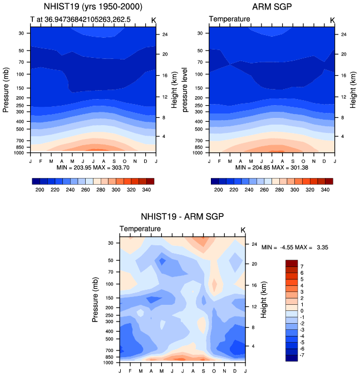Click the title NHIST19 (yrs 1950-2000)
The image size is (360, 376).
93,7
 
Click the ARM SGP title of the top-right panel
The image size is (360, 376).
272,7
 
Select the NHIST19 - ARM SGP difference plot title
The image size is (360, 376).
183,216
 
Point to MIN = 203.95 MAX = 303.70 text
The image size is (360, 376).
93,167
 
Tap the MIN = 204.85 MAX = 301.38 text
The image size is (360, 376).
272,167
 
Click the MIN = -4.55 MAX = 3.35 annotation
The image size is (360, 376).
295,247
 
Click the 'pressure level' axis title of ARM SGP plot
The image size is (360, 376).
184,90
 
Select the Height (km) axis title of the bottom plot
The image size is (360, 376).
263,300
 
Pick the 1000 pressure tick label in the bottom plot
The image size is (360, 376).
108,363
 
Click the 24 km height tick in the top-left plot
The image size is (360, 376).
165,34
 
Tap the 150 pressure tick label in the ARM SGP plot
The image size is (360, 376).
199,88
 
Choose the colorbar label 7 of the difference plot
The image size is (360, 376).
302,266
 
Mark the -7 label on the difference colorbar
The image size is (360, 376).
302,355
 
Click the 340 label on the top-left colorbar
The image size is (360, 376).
146,190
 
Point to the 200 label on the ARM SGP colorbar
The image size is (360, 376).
218,190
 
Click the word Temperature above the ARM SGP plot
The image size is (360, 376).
230,19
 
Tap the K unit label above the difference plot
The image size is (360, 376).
243,230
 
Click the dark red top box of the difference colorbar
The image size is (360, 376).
292,263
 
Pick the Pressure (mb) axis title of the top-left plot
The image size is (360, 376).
6,90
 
